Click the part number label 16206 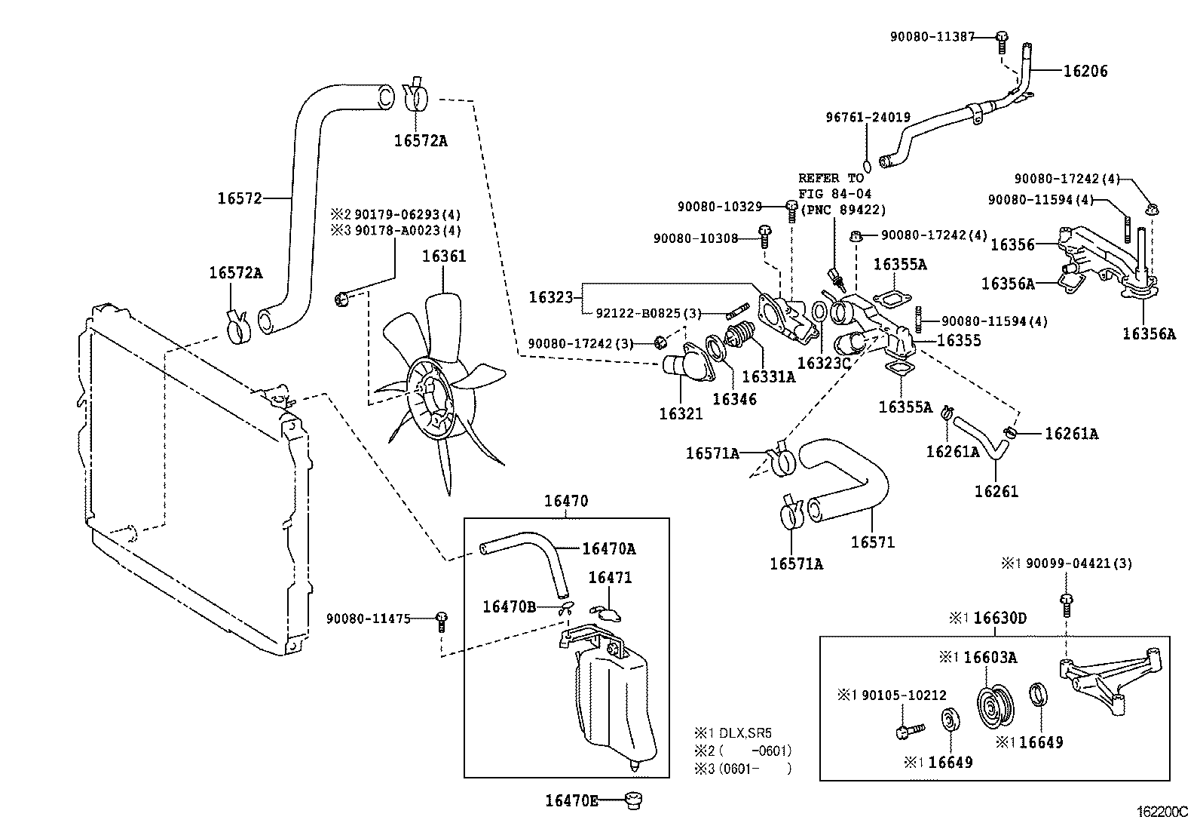[x=1085, y=71]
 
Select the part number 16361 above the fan [x=444, y=256]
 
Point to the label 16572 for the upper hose [x=240, y=198]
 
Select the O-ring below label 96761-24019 [x=866, y=165]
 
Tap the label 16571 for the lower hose [x=873, y=542]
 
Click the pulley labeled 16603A [x=996, y=705]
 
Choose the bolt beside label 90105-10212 [x=908, y=731]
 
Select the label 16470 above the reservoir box [x=566, y=501]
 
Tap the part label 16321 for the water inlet [x=681, y=413]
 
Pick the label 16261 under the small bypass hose [x=996, y=492]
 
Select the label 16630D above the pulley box [x=999, y=619]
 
